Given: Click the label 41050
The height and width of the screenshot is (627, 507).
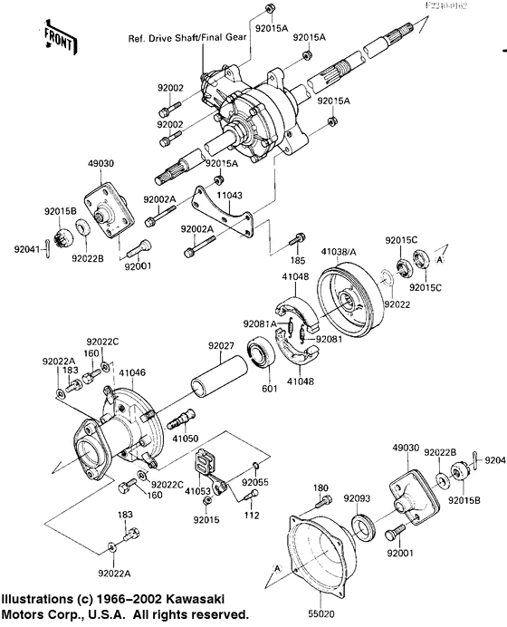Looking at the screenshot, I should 186,438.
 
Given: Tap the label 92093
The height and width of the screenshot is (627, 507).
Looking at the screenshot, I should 357,498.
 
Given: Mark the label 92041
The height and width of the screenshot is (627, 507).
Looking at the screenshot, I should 26,247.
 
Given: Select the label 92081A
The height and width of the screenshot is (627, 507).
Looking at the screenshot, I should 260,323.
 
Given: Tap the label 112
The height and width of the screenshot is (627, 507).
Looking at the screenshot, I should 252,516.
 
